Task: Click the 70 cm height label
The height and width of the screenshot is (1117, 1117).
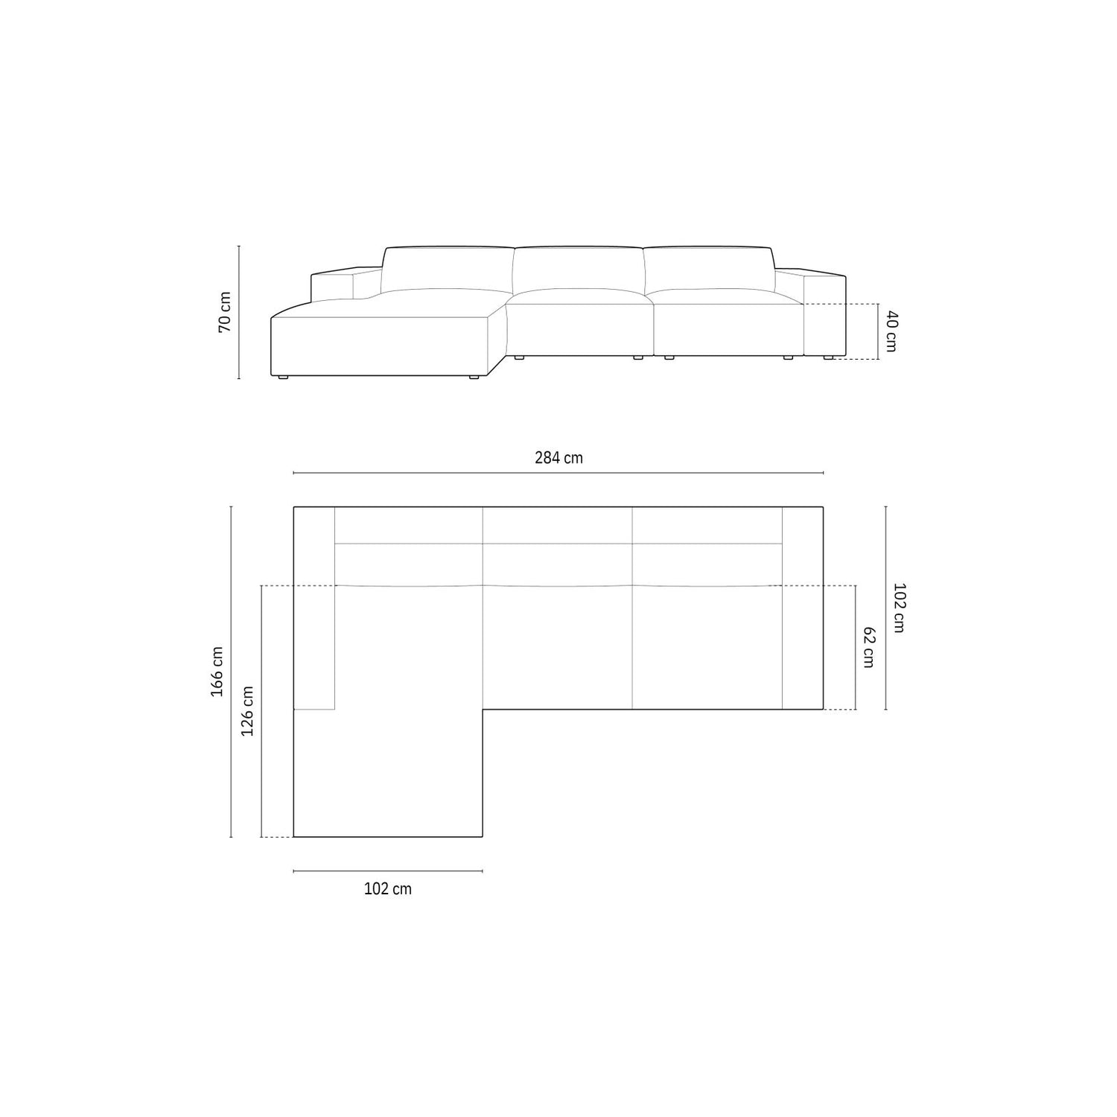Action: [225, 312]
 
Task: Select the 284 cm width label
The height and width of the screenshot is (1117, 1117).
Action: [558, 458]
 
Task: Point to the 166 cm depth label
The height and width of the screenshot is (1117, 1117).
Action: [217, 671]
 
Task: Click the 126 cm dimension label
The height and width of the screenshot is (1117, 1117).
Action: [248, 711]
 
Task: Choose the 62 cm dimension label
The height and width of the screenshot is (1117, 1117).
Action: [868, 647]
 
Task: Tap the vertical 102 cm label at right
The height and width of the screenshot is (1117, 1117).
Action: [898, 608]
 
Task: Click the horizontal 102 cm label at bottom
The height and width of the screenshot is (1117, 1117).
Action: [387, 889]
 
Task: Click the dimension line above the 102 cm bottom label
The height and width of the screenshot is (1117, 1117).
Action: [388, 871]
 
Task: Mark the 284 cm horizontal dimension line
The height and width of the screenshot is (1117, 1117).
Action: [558, 473]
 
